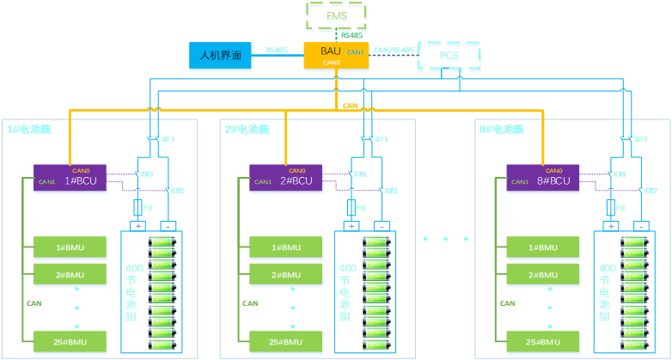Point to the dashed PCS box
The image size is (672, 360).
(x=449, y=57)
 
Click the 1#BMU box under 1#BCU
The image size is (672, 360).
(x=70, y=248)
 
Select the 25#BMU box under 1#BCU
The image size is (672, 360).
(x=70, y=343)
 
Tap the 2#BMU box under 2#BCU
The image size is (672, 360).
(x=286, y=275)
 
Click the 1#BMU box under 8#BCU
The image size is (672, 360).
(x=543, y=248)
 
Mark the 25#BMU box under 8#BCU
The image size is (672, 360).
(x=543, y=343)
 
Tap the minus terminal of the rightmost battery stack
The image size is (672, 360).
(x=642, y=226)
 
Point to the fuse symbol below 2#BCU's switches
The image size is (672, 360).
(x=351, y=207)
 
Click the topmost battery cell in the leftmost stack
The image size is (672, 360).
(x=162, y=243)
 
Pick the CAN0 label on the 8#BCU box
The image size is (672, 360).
(x=554, y=169)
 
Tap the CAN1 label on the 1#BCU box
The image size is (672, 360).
(x=46, y=182)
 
